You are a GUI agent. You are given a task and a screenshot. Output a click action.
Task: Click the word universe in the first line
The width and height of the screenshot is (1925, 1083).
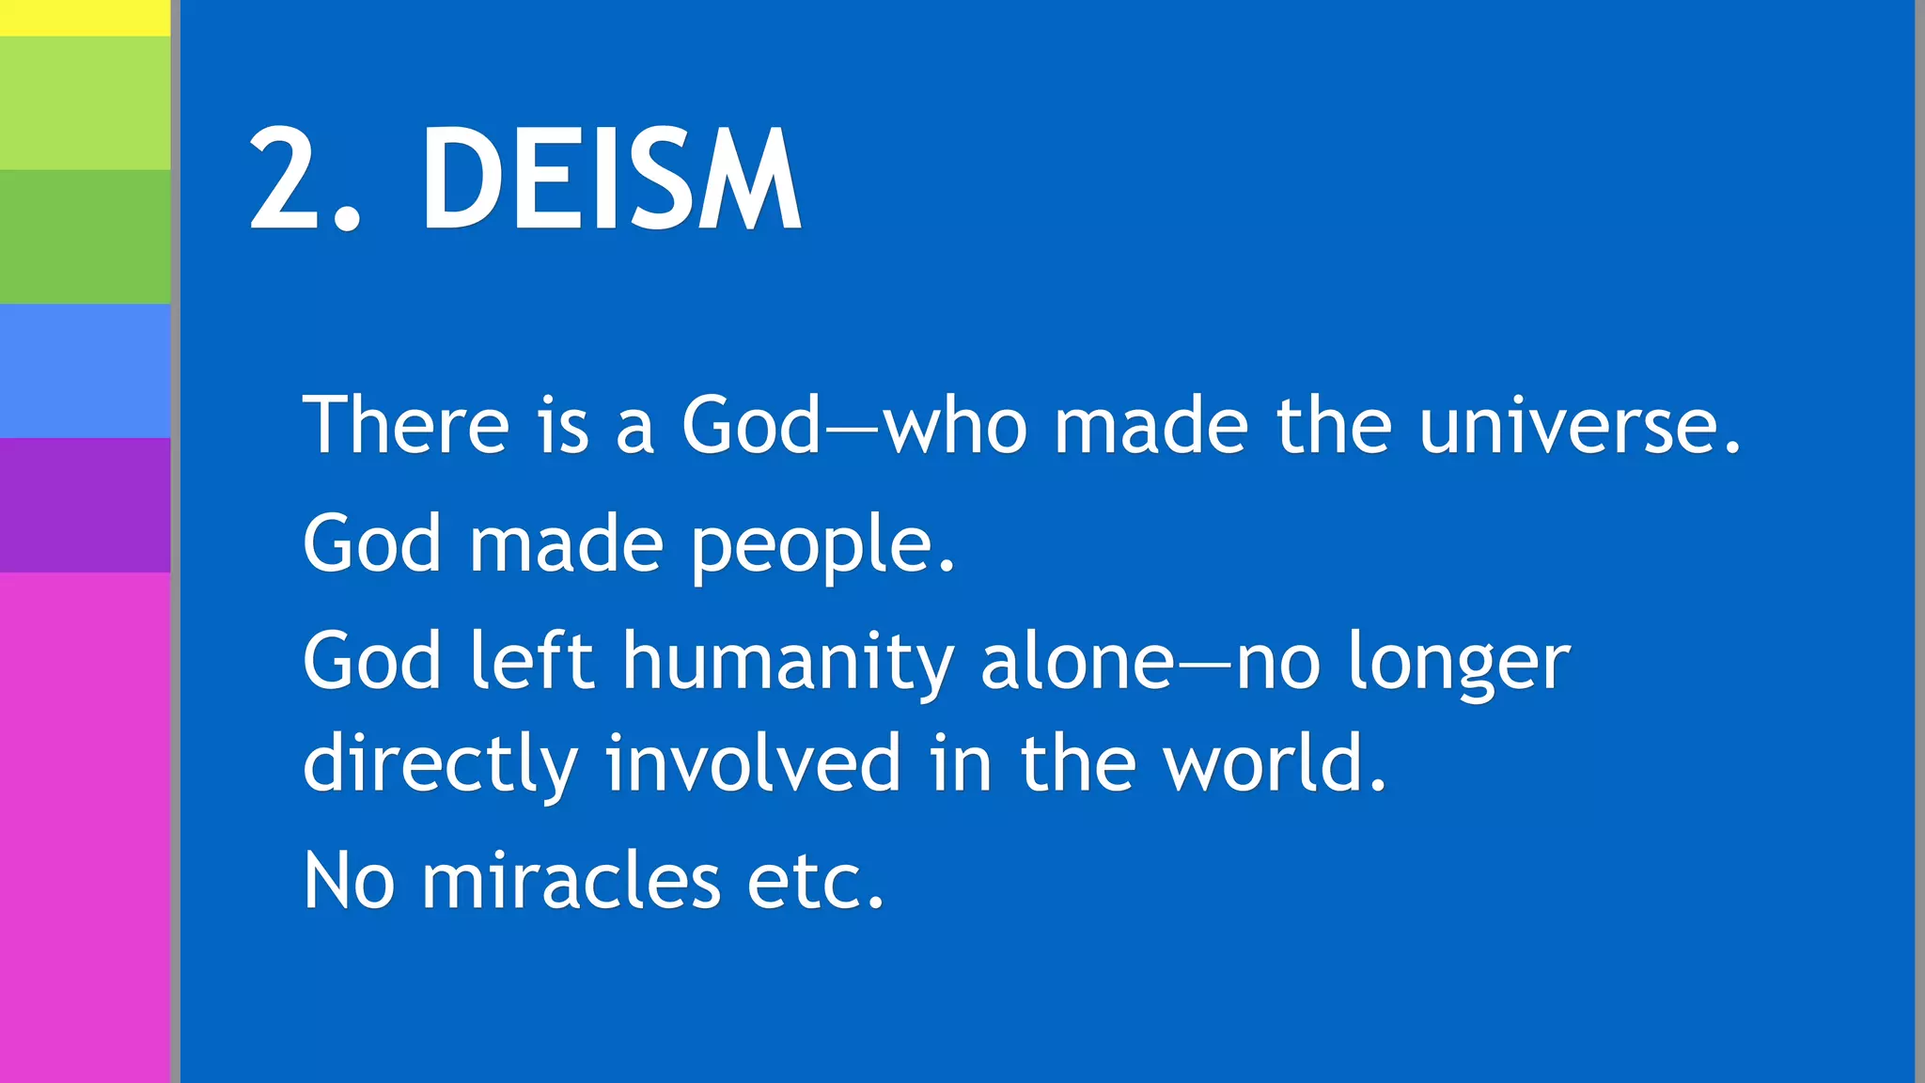pos(1579,426)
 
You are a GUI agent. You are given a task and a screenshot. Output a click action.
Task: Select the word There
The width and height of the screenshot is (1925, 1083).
pos(405,426)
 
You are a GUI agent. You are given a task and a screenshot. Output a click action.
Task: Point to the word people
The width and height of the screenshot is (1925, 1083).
pos(822,545)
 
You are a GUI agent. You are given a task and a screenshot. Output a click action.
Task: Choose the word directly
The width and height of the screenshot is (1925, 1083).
pos(440,763)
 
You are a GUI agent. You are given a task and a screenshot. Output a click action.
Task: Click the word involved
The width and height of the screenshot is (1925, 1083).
pos(753,763)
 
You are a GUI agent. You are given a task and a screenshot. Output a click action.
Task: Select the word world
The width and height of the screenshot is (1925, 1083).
pos(1274,763)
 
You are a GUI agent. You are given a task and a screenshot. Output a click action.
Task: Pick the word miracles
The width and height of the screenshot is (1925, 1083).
pos(571,881)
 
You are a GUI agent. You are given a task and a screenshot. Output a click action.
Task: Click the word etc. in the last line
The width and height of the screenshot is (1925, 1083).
pos(815,881)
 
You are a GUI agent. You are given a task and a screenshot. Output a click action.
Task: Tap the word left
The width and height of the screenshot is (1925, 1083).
pos(531,661)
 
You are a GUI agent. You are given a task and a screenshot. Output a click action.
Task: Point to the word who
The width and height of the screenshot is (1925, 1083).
pos(955,426)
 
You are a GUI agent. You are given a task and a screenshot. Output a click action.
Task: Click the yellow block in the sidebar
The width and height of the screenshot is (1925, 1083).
pos(85,17)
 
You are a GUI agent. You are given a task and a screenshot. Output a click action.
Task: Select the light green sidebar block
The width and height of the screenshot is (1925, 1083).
pos(85,102)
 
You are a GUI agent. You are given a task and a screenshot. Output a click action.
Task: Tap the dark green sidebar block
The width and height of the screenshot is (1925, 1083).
pos(85,236)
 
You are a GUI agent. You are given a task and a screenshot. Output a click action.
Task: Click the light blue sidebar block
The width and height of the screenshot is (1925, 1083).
pos(85,370)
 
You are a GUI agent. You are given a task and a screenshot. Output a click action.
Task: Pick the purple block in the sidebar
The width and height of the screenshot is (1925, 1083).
pos(85,505)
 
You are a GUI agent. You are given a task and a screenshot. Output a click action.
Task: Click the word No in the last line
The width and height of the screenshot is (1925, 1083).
pos(349,881)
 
